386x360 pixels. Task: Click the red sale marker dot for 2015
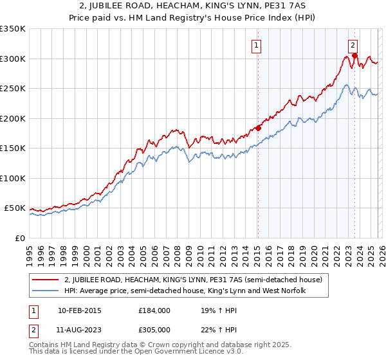[x=258, y=128]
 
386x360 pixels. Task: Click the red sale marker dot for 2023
[x=354, y=56]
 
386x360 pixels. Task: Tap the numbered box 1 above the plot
[x=257, y=45]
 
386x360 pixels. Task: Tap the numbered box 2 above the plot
[x=353, y=45]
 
